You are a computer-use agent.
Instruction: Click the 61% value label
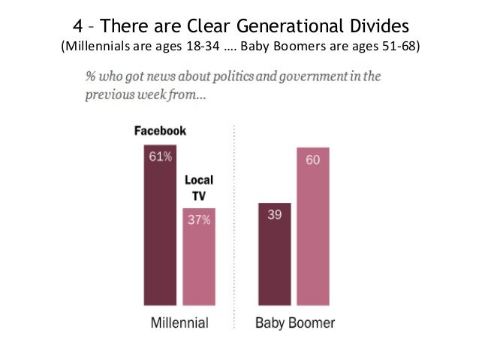tap(159, 157)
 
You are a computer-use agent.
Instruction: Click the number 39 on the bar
tap(273, 214)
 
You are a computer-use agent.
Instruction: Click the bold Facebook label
tap(160, 130)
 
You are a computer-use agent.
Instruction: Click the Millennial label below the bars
tap(178, 324)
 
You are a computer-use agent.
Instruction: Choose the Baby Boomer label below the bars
tap(295, 324)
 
